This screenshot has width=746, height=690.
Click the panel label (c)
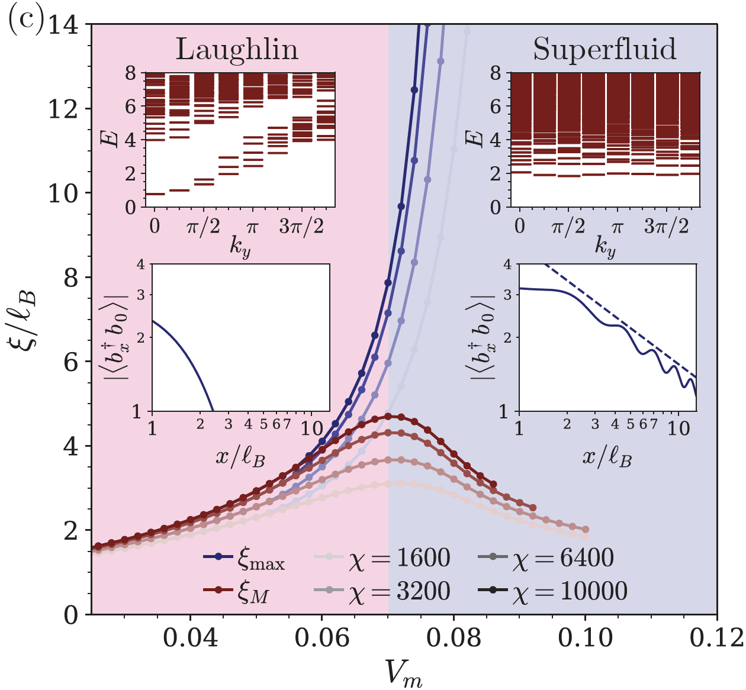click(x=24, y=24)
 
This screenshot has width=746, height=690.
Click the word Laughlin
click(x=237, y=50)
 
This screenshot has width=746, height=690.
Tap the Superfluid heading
click(x=604, y=49)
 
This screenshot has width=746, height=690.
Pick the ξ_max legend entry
click(x=244, y=558)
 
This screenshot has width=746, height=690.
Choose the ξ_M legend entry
click(x=244, y=591)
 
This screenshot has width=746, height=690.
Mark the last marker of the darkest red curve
click(x=493, y=484)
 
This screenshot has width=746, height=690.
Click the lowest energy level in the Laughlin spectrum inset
click(x=155, y=194)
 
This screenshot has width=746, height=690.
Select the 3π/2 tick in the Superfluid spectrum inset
click(x=666, y=227)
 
